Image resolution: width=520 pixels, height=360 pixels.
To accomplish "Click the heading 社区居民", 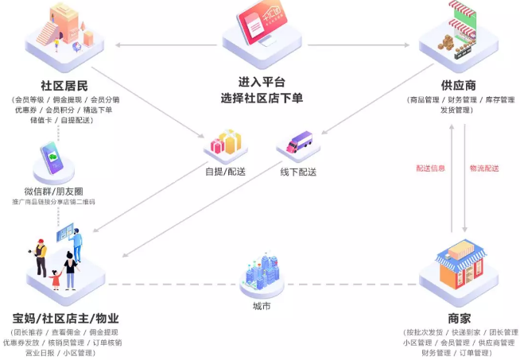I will (x=63, y=85).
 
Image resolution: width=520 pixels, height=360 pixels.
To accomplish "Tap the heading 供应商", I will (x=457, y=85).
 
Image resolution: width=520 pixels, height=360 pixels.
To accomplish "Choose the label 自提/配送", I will (x=226, y=171).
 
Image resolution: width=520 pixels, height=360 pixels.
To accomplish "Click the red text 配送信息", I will (x=430, y=168).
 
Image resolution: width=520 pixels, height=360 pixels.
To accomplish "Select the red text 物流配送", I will (x=484, y=168).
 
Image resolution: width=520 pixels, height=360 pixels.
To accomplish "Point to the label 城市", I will (x=262, y=307).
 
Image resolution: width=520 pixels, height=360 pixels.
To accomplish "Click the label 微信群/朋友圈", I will (x=53, y=191).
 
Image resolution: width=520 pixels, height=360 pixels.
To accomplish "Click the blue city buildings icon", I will (x=260, y=274).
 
